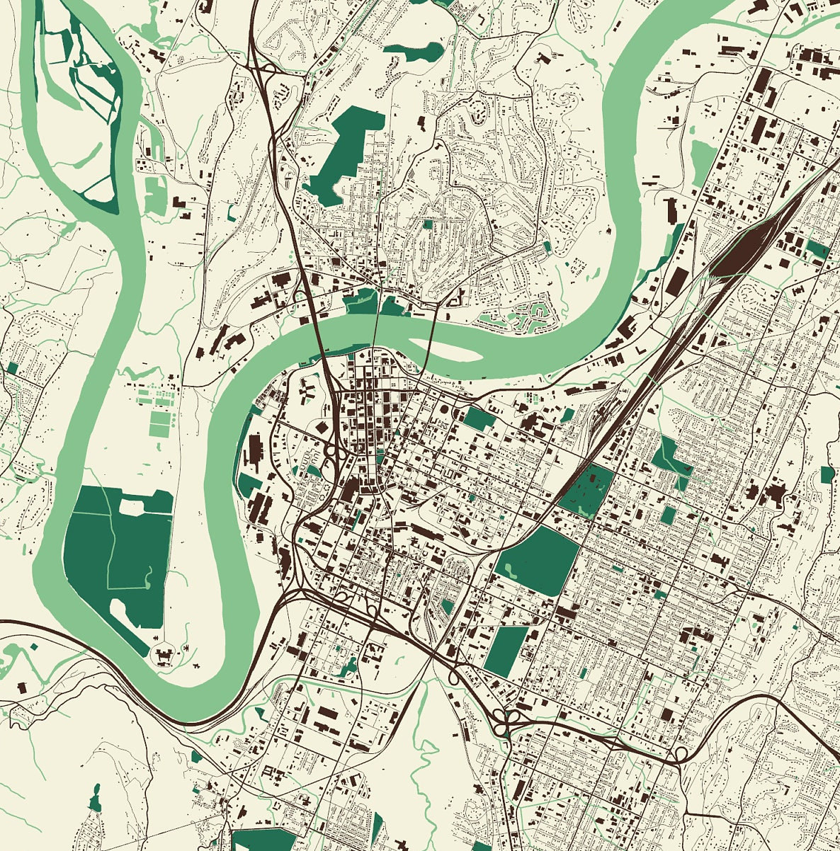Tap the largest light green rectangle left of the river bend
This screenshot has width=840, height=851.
pyautogui.click(x=161, y=423)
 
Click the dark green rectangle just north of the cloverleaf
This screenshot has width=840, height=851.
pyautogui.click(x=507, y=650)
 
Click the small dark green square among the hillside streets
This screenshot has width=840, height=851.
pyautogui.click(x=427, y=224)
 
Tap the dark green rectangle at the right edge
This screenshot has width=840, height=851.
pyautogui.click(x=828, y=474)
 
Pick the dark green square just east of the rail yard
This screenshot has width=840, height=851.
pyautogui.click(x=817, y=249)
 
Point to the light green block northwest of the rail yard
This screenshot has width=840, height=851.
pyautogui.click(x=702, y=154)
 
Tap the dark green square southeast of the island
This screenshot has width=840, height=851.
pyautogui.click(x=479, y=418)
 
